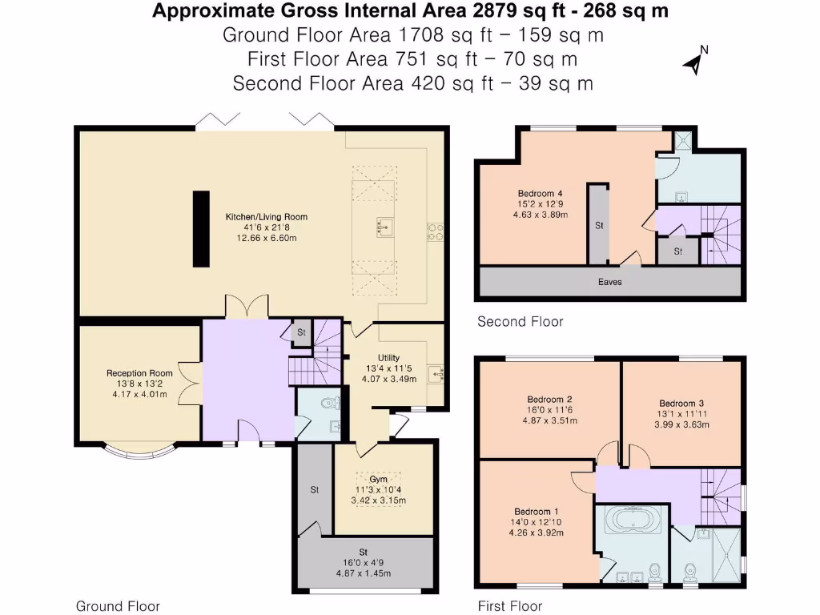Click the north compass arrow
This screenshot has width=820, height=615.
(x=693, y=62)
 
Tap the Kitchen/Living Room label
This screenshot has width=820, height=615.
(x=267, y=217)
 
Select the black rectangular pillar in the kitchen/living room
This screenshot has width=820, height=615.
(x=200, y=229)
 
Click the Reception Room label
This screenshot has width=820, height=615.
(x=139, y=373)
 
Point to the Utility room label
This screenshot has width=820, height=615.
(x=389, y=358)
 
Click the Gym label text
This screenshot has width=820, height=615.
(x=379, y=479)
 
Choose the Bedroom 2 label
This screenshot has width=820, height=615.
(x=549, y=399)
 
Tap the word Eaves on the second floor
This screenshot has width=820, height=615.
(x=609, y=282)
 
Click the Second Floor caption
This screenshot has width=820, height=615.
(x=520, y=322)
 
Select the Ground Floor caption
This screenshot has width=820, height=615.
(x=118, y=606)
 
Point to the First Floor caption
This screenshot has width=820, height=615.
(x=510, y=606)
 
